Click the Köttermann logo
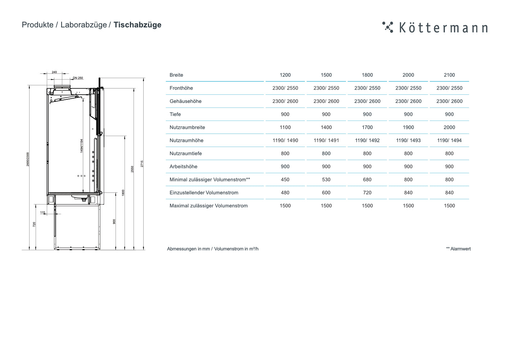point(435,27)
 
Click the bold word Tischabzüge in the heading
point(138,25)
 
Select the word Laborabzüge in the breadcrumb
point(84,25)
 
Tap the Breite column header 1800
point(367,75)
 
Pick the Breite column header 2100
point(449,75)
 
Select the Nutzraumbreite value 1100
point(285,127)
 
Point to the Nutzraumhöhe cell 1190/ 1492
point(367,140)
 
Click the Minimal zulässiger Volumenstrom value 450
point(285,180)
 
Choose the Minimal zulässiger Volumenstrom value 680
point(367,180)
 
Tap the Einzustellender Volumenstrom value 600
point(326,193)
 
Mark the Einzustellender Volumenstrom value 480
point(285,193)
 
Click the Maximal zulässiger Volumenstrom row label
point(208,206)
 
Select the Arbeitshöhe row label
point(183,167)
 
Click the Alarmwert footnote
point(458,249)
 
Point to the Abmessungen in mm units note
point(188,249)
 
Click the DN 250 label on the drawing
point(78,78)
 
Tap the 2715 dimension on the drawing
point(142,164)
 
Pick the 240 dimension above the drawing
point(54,72)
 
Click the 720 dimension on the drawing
point(35,224)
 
